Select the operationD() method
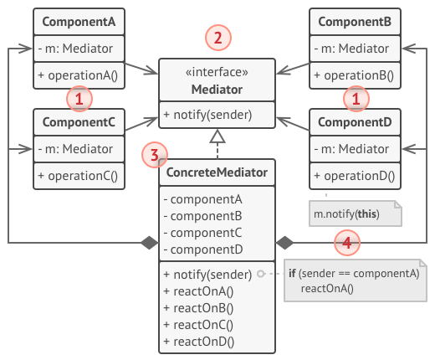[356, 177]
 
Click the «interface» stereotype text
[217, 72]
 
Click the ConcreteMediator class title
[217, 173]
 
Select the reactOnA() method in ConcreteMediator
[201, 291]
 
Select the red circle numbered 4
[347, 243]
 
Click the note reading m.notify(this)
[345, 214]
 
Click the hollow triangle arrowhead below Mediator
[217, 136]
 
